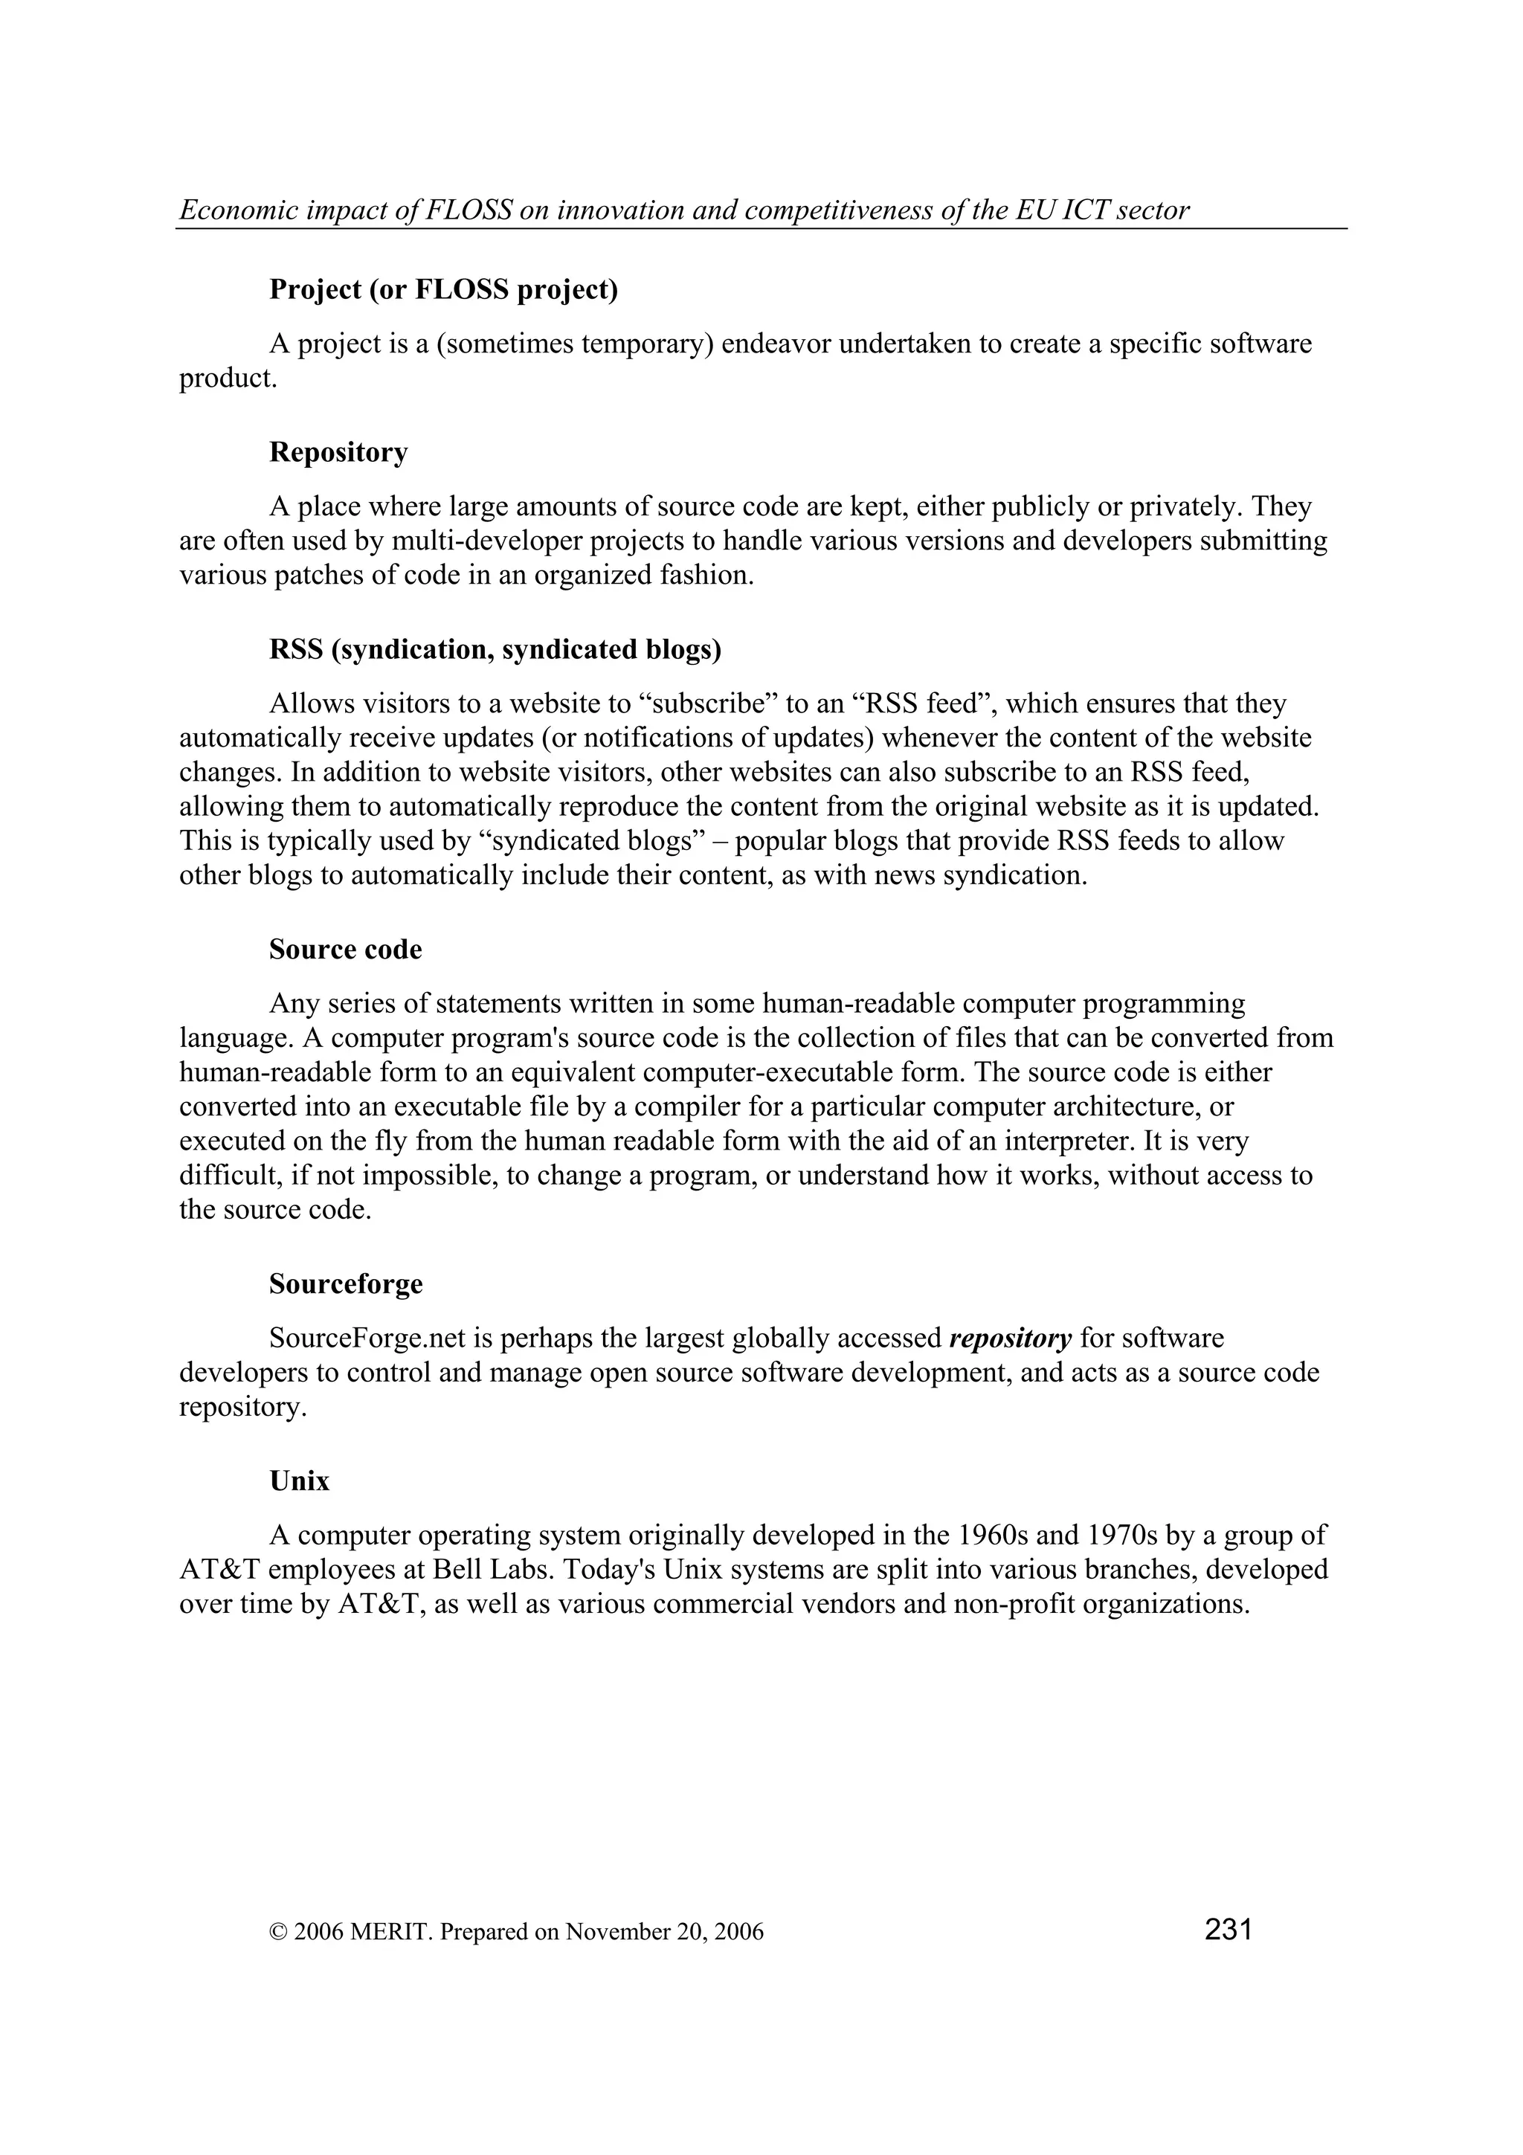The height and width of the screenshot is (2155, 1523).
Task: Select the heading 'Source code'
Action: [x=345, y=949]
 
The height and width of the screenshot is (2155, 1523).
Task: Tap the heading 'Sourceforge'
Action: [x=345, y=1284]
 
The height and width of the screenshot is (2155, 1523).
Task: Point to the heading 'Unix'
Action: [x=300, y=1481]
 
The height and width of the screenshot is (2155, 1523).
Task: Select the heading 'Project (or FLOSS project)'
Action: [x=443, y=290]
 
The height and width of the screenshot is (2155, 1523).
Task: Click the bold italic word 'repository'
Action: [x=1011, y=1339]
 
